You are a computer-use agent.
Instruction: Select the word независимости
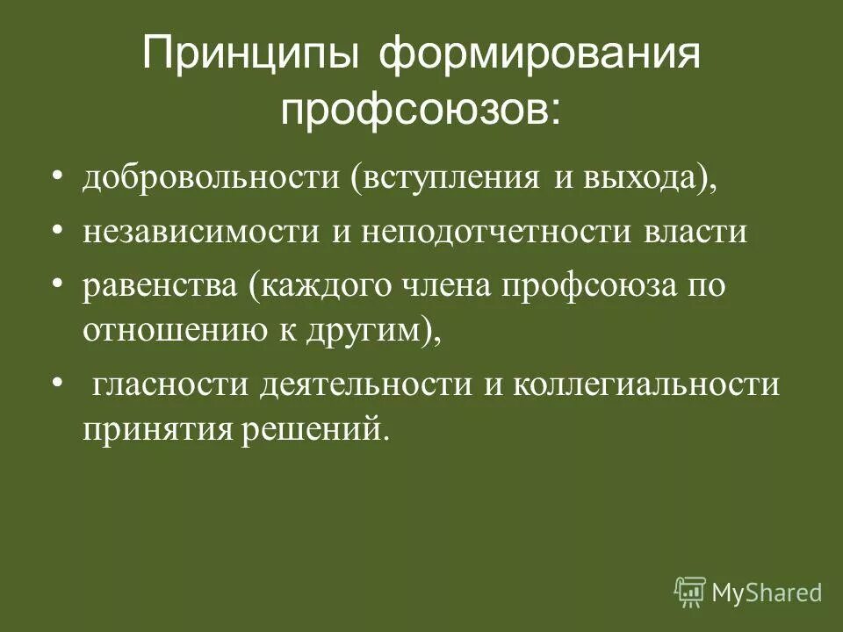201,233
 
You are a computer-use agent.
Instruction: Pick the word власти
695,233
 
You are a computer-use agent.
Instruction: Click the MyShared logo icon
689,592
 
